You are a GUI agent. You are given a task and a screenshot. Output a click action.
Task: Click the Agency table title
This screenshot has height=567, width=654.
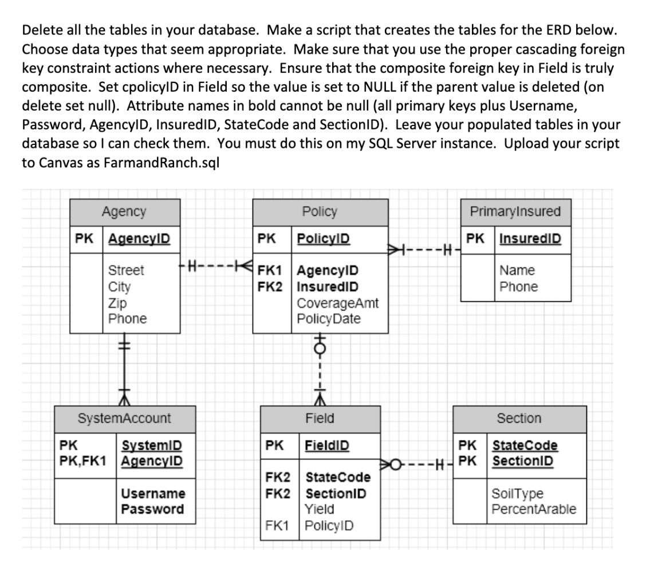tap(124, 211)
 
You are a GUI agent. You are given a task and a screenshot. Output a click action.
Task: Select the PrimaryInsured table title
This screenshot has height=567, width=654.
tap(515, 211)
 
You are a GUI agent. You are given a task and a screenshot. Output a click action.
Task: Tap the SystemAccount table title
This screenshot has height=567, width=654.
tap(124, 418)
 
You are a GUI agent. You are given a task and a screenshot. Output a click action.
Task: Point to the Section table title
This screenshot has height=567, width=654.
tap(519, 418)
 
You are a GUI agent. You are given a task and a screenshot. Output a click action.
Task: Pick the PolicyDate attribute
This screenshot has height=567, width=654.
tap(329, 318)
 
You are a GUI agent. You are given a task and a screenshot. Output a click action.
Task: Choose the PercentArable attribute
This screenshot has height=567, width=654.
tap(534, 509)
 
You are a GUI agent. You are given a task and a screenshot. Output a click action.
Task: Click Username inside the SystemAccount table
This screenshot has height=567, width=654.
tap(153, 494)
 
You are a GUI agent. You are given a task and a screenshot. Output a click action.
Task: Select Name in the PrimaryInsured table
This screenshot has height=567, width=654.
tap(517, 270)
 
